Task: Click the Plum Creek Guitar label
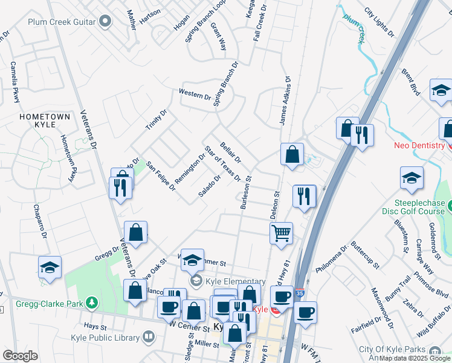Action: pyautogui.click(x=62, y=22)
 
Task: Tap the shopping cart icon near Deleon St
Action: pyautogui.click(x=281, y=232)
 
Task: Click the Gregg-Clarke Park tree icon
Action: pyautogui.click(x=91, y=301)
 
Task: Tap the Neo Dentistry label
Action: pyautogui.click(x=419, y=145)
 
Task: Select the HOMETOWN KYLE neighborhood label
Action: pyautogui.click(x=45, y=120)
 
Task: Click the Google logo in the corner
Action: pyautogui.click(x=20, y=356)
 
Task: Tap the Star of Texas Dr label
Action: pyautogui.click(x=223, y=164)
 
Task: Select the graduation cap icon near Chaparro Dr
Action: pyautogui.click(x=50, y=269)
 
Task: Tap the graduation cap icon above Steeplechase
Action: pyautogui.click(x=412, y=178)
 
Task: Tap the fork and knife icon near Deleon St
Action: pyautogui.click(x=304, y=196)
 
